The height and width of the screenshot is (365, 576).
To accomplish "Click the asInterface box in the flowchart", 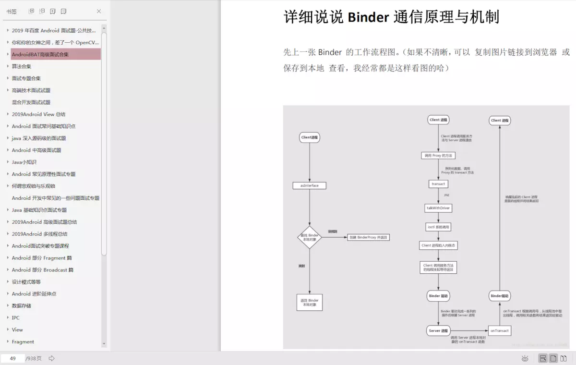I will click(309, 185).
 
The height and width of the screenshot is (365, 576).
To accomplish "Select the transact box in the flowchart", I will click(438, 184).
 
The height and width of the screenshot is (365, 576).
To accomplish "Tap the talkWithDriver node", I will click(438, 208).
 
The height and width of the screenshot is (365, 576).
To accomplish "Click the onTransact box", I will click(499, 330).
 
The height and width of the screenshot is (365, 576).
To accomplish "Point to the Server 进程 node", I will click(438, 330).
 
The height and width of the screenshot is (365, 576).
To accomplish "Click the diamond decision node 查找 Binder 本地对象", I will click(310, 237).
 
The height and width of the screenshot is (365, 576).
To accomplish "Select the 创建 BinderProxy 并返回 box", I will click(369, 237).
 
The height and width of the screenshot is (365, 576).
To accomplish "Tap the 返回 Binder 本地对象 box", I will click(310, 303).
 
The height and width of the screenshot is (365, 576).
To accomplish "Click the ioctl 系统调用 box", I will click(438, 227).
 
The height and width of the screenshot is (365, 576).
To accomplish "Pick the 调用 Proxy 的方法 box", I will click(438, 156).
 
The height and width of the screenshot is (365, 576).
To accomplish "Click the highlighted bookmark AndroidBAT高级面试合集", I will click(40, 54).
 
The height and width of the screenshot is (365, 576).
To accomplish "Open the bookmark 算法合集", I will click(22, 66).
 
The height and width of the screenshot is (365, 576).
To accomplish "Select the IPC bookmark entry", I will click(16, 317).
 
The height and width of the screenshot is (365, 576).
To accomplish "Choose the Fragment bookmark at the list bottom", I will click(23, 341).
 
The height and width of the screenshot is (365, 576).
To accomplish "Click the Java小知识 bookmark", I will click(24, 162).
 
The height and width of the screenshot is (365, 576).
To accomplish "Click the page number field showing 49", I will click(13, 358).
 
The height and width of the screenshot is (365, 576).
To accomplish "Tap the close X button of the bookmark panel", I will click(99, 11).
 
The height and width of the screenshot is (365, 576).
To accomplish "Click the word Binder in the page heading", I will click(368, 17).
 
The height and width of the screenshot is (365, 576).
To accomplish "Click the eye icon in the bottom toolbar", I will click(525, 358).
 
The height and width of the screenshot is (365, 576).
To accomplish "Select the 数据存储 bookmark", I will click(22, 305).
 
